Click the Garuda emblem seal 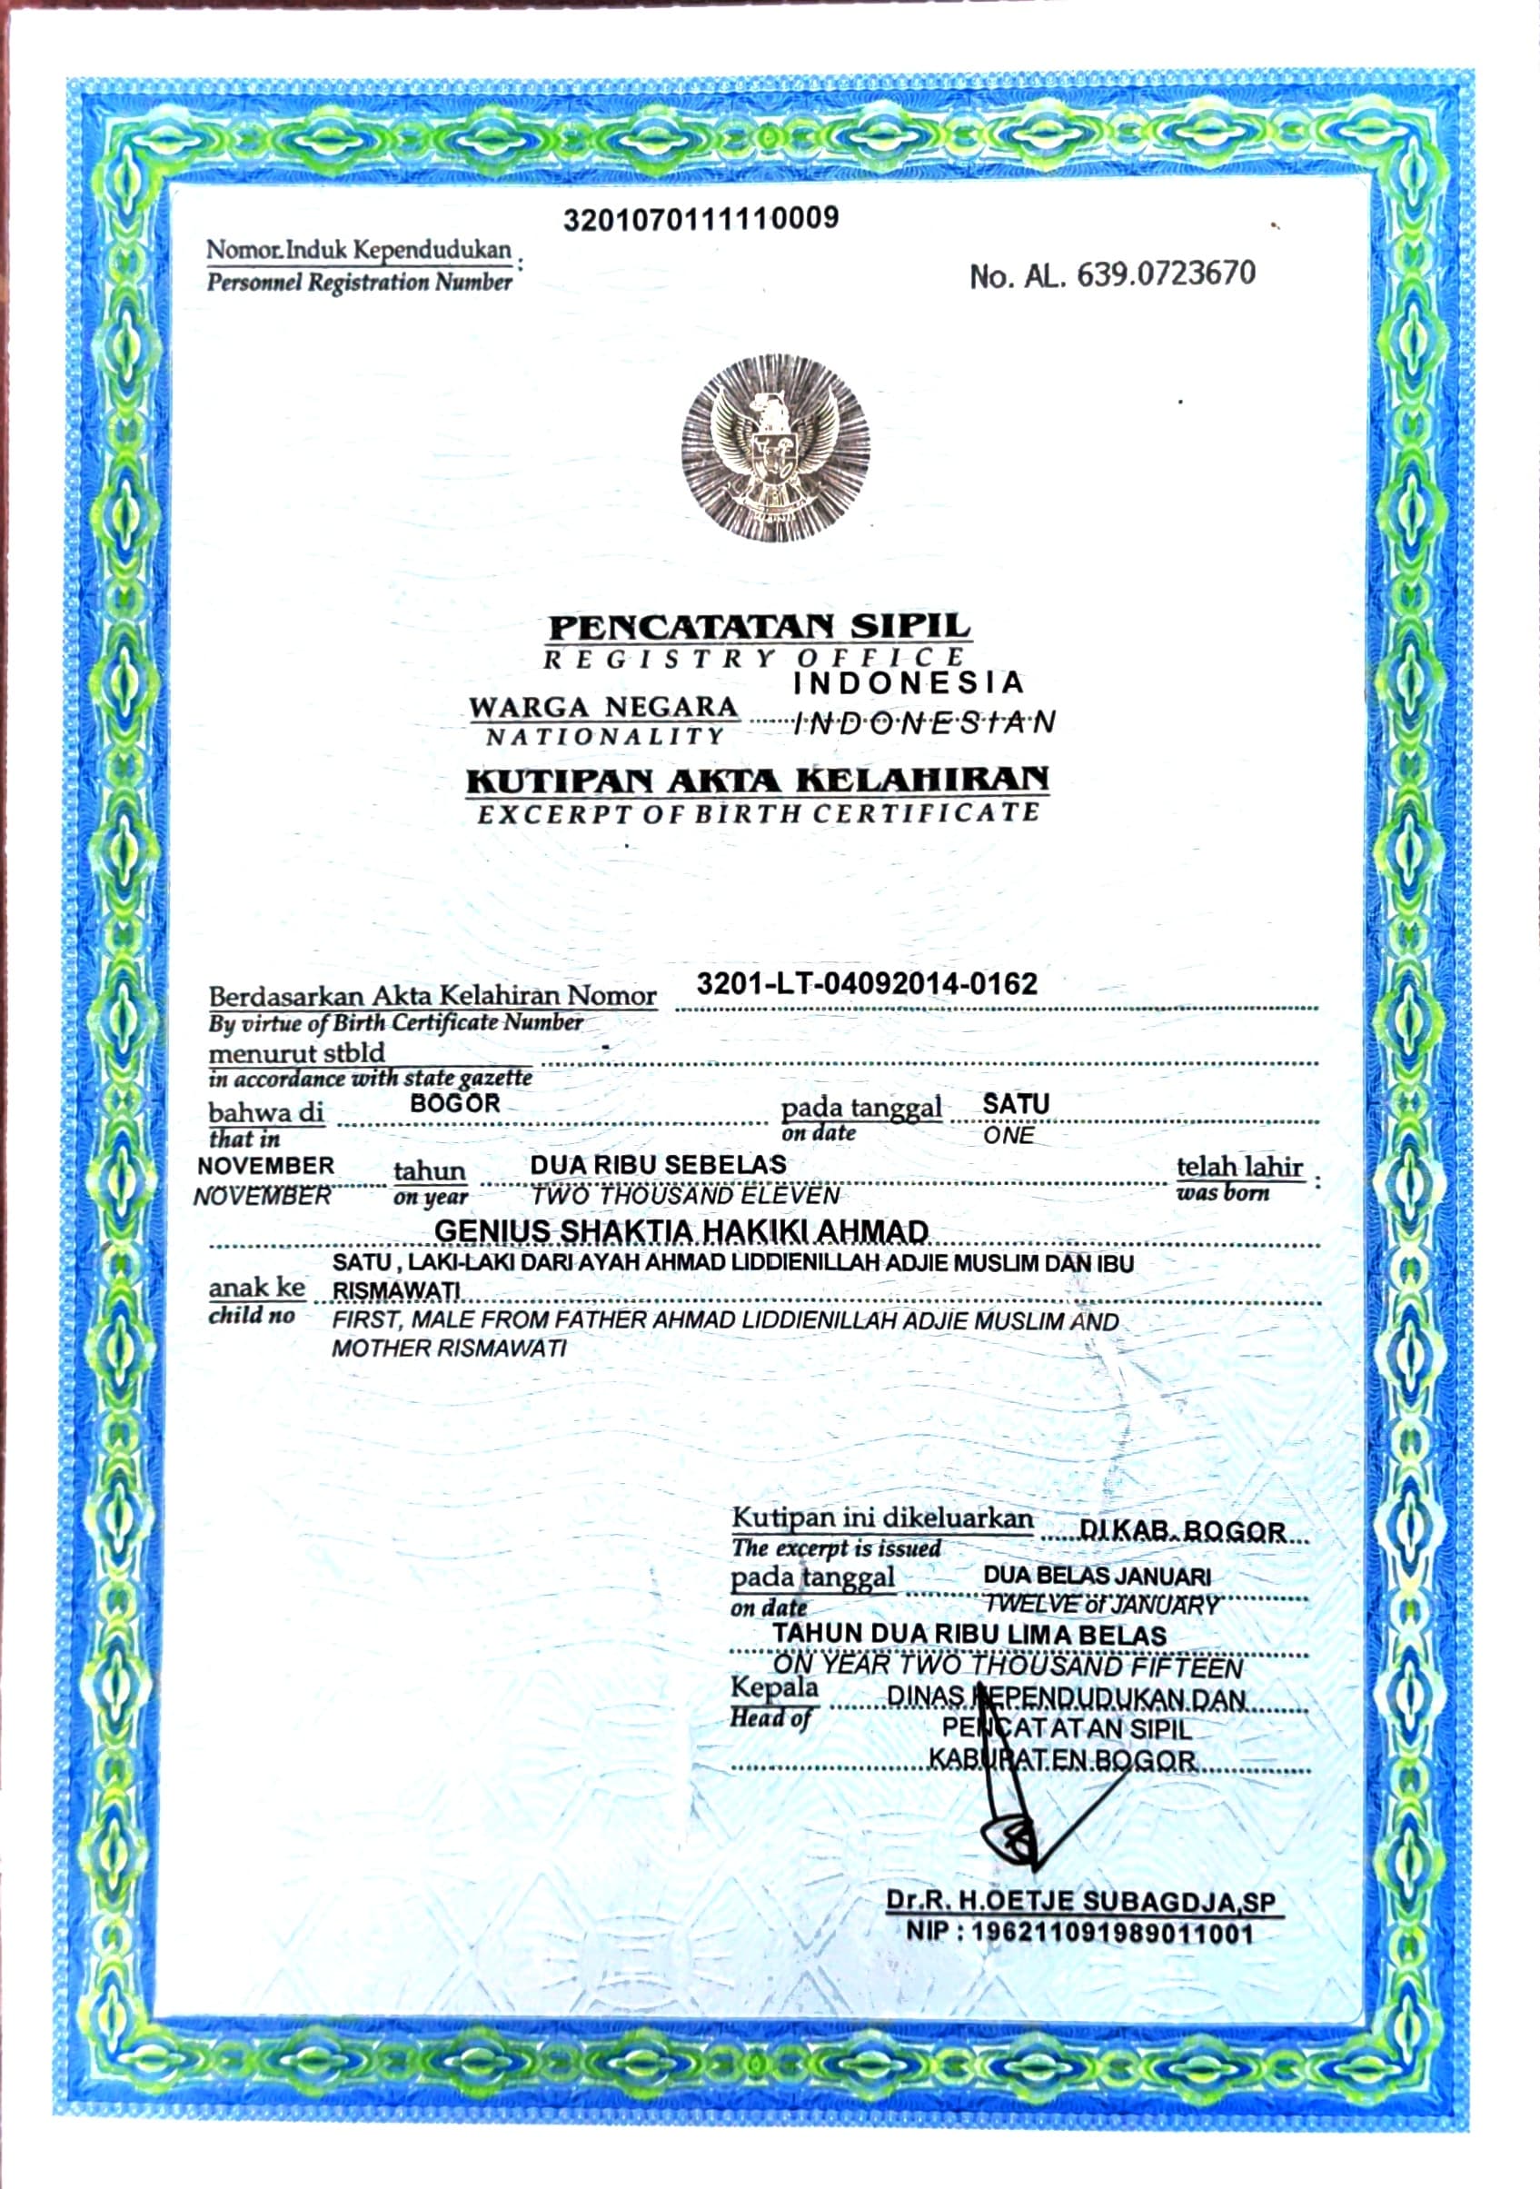coord(775,448)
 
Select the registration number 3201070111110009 coord(700,218)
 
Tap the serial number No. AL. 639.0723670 coord(1112,275)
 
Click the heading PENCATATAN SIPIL coord(760,627)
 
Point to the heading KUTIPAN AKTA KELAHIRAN coord(757,780)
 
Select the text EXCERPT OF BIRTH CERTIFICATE coord(757,814)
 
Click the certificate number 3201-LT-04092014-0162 coord(866,984)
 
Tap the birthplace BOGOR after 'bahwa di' coord(455,1103)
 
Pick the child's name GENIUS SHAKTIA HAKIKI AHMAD coord(681,1232)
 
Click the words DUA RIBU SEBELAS coord(658,1164)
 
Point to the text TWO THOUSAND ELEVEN coord(685,1196)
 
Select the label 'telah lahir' coord(1238,1167)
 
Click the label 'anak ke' coord(256,1288)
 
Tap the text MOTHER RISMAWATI coord(448,1348)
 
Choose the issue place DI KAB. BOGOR coord(1181,1532)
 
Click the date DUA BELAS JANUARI coord(1097,1576)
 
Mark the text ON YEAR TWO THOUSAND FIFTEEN coord(1007,1667)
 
